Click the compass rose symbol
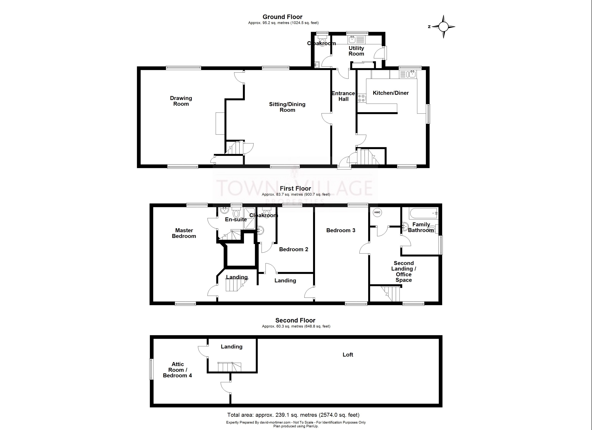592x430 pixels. click(443, 27)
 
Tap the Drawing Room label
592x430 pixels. click(181, 101)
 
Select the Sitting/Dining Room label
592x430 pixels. click(287, 107)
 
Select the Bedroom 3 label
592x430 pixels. click(341, 230)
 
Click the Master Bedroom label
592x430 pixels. click(184, 233)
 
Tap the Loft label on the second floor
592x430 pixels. click(348, 355)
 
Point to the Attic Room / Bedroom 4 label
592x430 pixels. click(177, 370)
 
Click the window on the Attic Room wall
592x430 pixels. click(151, 369)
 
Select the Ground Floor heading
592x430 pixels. click(282, 17)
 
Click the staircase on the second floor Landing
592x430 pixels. click(229, 367)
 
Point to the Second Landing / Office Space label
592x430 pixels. click(403, 271)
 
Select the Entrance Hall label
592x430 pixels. click(343, 96)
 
